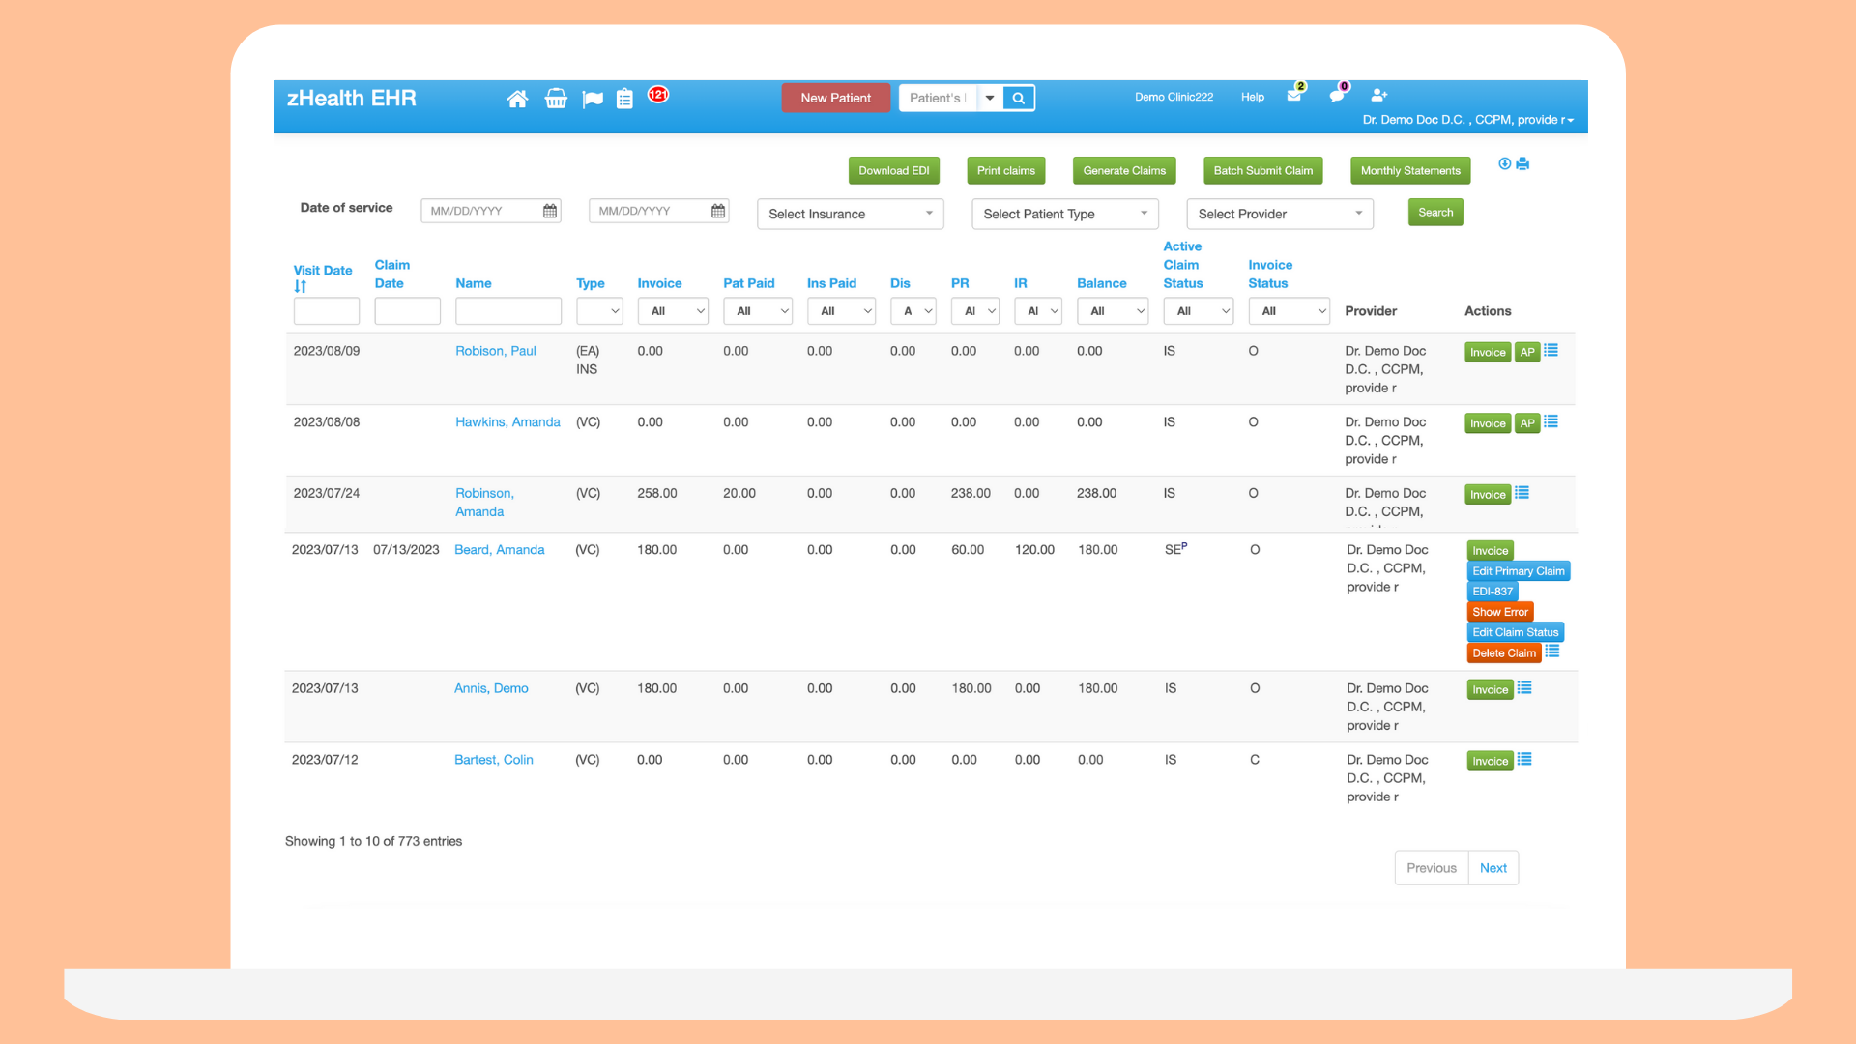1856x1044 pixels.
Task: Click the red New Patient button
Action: pyautogui.click(x=835, y=98)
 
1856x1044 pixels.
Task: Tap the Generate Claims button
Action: pyautogui.click(x=1124, y=171)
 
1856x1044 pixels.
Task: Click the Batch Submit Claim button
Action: pyautogui.click(x=1262, y=171)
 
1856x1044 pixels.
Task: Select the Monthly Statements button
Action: pyautogui.click(x=1410, y=171)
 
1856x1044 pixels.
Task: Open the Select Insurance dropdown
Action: pyautogui.click(x=850, y=214)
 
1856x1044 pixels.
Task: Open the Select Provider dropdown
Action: pyautogui.click(x=1280, y=214)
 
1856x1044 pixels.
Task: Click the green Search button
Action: pyautogui.click(x=1435, y=213)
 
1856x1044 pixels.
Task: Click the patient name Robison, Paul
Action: pyautogui.click(x=496, y=351)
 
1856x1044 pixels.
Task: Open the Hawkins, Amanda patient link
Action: pyautogui.click(x=507, y=422)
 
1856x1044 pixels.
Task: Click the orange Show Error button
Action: pyautogui.click(x=1500, y=612)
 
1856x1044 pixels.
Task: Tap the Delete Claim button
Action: pyautogui.click(x=1504, y=653)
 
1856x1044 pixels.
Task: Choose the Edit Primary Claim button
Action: pyautogui.click(x=1518, y=571)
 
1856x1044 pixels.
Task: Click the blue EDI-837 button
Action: pyautogui.click(x=1493, y=592)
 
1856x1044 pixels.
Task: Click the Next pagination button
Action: pyautogui.click(x=1493, y=868)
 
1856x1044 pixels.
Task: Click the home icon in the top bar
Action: pyautogui.click(x=517, y=99)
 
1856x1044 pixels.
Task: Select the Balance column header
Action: pyautogui.click(x=1101, y=283)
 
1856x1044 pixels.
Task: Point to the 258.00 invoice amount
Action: pyautogui.click(x=657, y=494)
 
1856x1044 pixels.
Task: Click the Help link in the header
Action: pyautogui.click(x=1253, y=98)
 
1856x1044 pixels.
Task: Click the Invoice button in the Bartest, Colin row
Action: pyautogui.click(x=1490, y=762)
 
